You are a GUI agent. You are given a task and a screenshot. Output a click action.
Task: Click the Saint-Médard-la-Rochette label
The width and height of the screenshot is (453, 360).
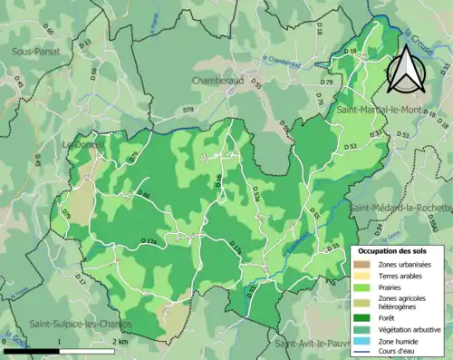coord(401,206)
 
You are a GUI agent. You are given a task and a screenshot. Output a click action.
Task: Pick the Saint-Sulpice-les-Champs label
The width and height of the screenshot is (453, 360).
coord(80,324)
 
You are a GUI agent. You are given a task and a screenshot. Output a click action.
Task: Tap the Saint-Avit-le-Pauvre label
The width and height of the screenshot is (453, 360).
coord(313,344)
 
